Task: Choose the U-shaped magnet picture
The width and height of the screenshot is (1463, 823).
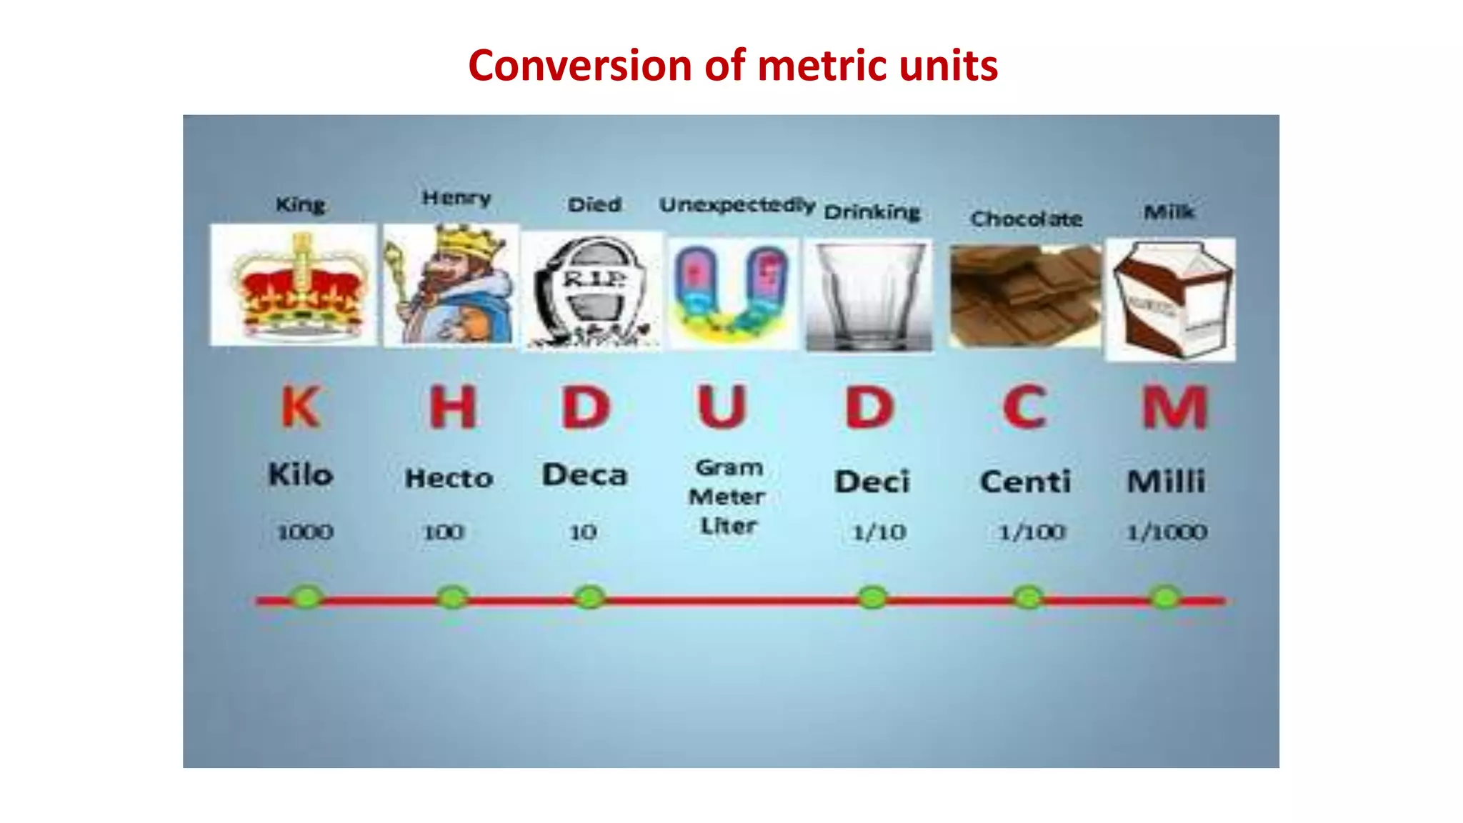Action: click(732, 294)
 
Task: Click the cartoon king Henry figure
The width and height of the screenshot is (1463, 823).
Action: click(451, 285)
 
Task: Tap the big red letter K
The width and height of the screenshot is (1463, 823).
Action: click(300, 407)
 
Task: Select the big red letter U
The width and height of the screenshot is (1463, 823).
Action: click(722, 407)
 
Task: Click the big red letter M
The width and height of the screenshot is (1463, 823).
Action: click(1174, 407)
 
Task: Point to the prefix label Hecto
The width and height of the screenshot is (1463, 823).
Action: click(449, 478)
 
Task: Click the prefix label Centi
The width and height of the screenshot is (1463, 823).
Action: click(1025, 482)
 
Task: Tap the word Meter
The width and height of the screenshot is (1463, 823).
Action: click(726, 497)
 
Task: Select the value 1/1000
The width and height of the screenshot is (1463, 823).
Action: click(1167, 532)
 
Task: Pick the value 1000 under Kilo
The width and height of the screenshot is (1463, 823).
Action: click(305, 532)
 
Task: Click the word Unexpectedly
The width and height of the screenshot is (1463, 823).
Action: click(737, 206)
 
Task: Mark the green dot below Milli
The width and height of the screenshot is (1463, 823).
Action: click(1166, 597)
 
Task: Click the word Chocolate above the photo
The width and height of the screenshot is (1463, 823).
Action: click(1026, 219)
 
